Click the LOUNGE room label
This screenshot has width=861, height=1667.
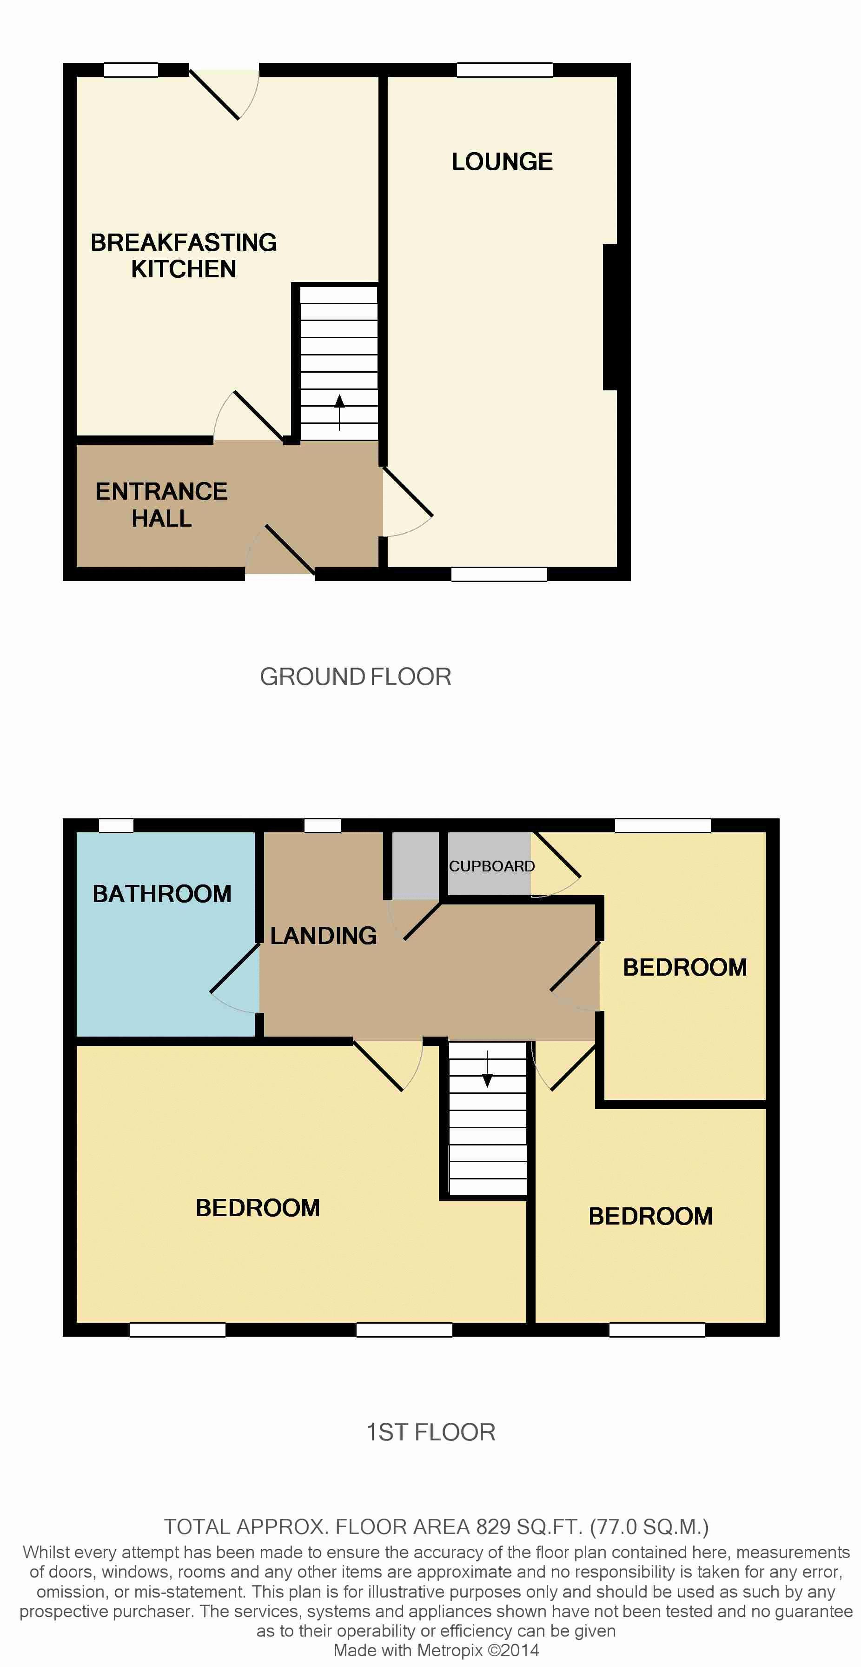point(502,161)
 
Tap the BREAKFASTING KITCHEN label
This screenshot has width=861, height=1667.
point(184,255)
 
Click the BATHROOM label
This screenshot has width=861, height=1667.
point(162,894)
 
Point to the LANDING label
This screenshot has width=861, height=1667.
point(324,935)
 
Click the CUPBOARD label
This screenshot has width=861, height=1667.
point(491,866)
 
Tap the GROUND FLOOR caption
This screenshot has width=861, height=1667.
point(355,676)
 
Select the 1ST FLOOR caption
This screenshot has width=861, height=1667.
point(431,1432)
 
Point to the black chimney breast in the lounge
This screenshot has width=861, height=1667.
point(610,317)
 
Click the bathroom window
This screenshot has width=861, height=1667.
point(116,825)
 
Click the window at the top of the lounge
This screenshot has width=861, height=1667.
point(504,70)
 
